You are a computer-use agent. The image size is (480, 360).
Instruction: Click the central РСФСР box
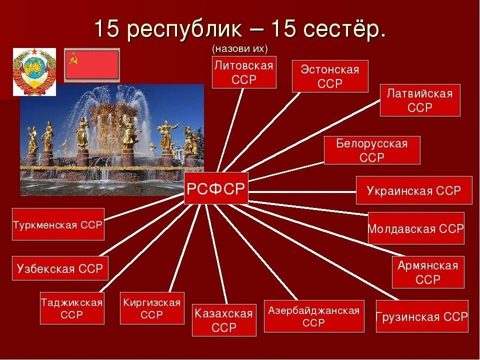pos(216,188)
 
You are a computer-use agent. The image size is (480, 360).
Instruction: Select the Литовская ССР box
pos(244,72)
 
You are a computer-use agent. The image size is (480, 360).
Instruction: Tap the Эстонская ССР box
pos(330,76)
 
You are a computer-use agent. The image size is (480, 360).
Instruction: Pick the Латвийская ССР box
pos(420,100)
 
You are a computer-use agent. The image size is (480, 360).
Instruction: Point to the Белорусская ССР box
pos(372,150)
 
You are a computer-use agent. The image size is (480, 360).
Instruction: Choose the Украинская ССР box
pos(414,190)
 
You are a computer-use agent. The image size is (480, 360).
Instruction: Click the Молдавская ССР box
pos(416,228)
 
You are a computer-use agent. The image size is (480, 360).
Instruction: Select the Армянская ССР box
pos(428,272)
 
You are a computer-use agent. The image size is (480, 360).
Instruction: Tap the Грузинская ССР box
pos(422,316)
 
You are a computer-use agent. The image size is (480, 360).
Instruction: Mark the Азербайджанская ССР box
pos(314,316)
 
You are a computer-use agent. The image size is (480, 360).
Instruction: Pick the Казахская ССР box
pos(224,320)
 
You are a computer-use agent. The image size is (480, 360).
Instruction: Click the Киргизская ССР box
pos(152,308)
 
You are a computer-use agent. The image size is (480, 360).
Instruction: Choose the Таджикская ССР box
pos(72,308)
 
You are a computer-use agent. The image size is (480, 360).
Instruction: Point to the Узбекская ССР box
pos(60,269)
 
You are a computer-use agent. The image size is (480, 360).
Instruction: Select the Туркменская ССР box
pos(58,224)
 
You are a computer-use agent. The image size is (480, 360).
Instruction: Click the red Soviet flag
pos(92,64)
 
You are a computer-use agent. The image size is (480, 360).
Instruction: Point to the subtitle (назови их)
pos(240,48)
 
